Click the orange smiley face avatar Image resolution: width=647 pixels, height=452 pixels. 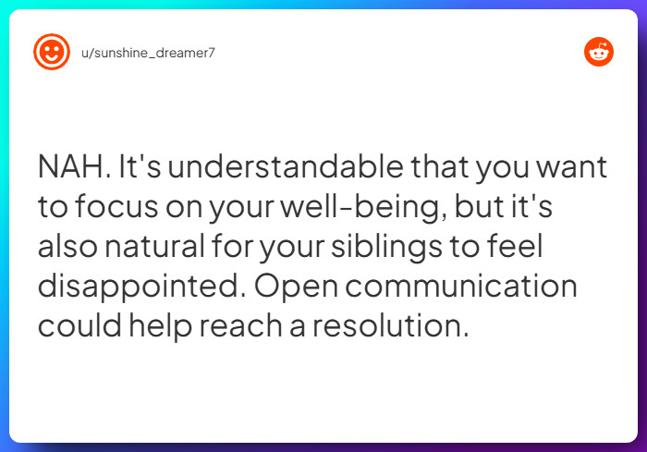click(x=52, y=52)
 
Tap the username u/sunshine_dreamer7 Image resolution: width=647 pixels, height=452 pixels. click(x=148, y=53)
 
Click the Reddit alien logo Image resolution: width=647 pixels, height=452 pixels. click(x=599, y=52)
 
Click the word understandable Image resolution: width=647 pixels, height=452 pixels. click(x=286, y=166)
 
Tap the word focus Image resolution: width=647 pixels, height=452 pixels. click(x=116, y=206)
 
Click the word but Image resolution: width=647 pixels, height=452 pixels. click(x=479, y=206)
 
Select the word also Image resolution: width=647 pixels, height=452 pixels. click(x=68, y=246)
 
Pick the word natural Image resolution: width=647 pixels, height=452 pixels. click(x=154, y=246)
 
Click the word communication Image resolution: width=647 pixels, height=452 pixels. click(x=461, y=286)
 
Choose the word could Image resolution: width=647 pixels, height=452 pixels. click(x=80, y=325)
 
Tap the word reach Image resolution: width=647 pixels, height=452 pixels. click(x=241, y=325)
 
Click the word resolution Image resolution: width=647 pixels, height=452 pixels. click(x=390, y=325)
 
